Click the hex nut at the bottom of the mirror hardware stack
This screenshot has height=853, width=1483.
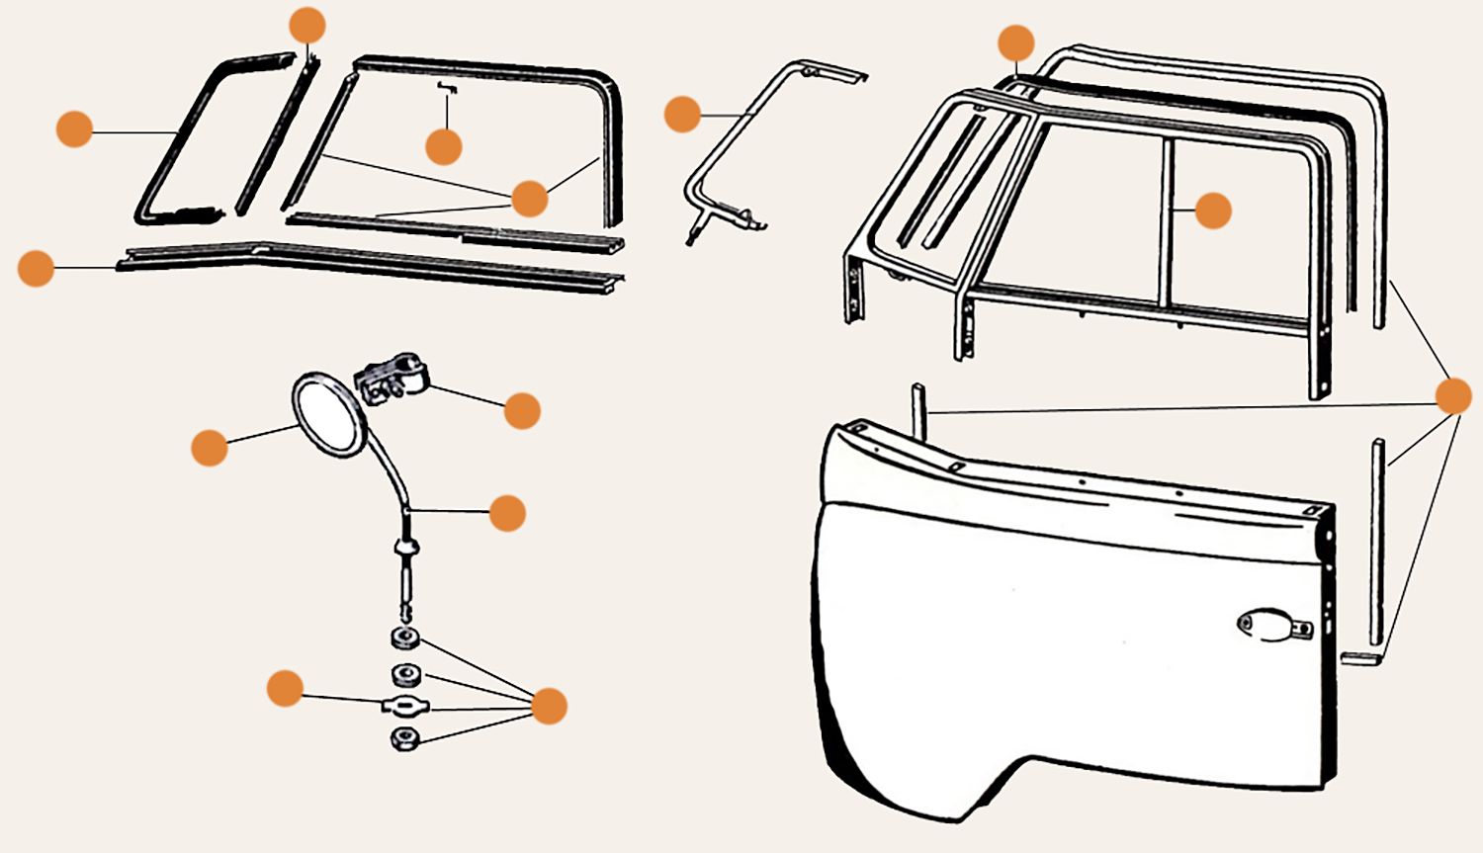tap(404, 738)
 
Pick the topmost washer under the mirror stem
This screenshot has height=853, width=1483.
tap(405, 638)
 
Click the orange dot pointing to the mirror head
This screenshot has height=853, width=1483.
tap(210, 447)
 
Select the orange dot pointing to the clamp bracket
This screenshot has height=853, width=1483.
tap(522, 410)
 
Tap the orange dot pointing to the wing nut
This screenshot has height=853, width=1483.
tap(285, 688)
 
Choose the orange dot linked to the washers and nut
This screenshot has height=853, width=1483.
tap(549, 706)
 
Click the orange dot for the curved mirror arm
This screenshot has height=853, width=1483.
tap(507, 513)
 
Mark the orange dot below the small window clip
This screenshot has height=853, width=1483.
tap(444, 146)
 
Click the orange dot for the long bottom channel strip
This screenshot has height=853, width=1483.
tap(36, 268)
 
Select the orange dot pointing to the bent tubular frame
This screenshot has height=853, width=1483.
tap(682, 114)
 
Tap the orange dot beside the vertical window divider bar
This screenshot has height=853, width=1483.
tap(1213, 211)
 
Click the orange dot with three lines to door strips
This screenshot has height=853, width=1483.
tap(1452, 395)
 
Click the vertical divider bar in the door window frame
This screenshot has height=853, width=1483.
tap(1167, 222)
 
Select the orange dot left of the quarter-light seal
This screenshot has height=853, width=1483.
tap(74, 128)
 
